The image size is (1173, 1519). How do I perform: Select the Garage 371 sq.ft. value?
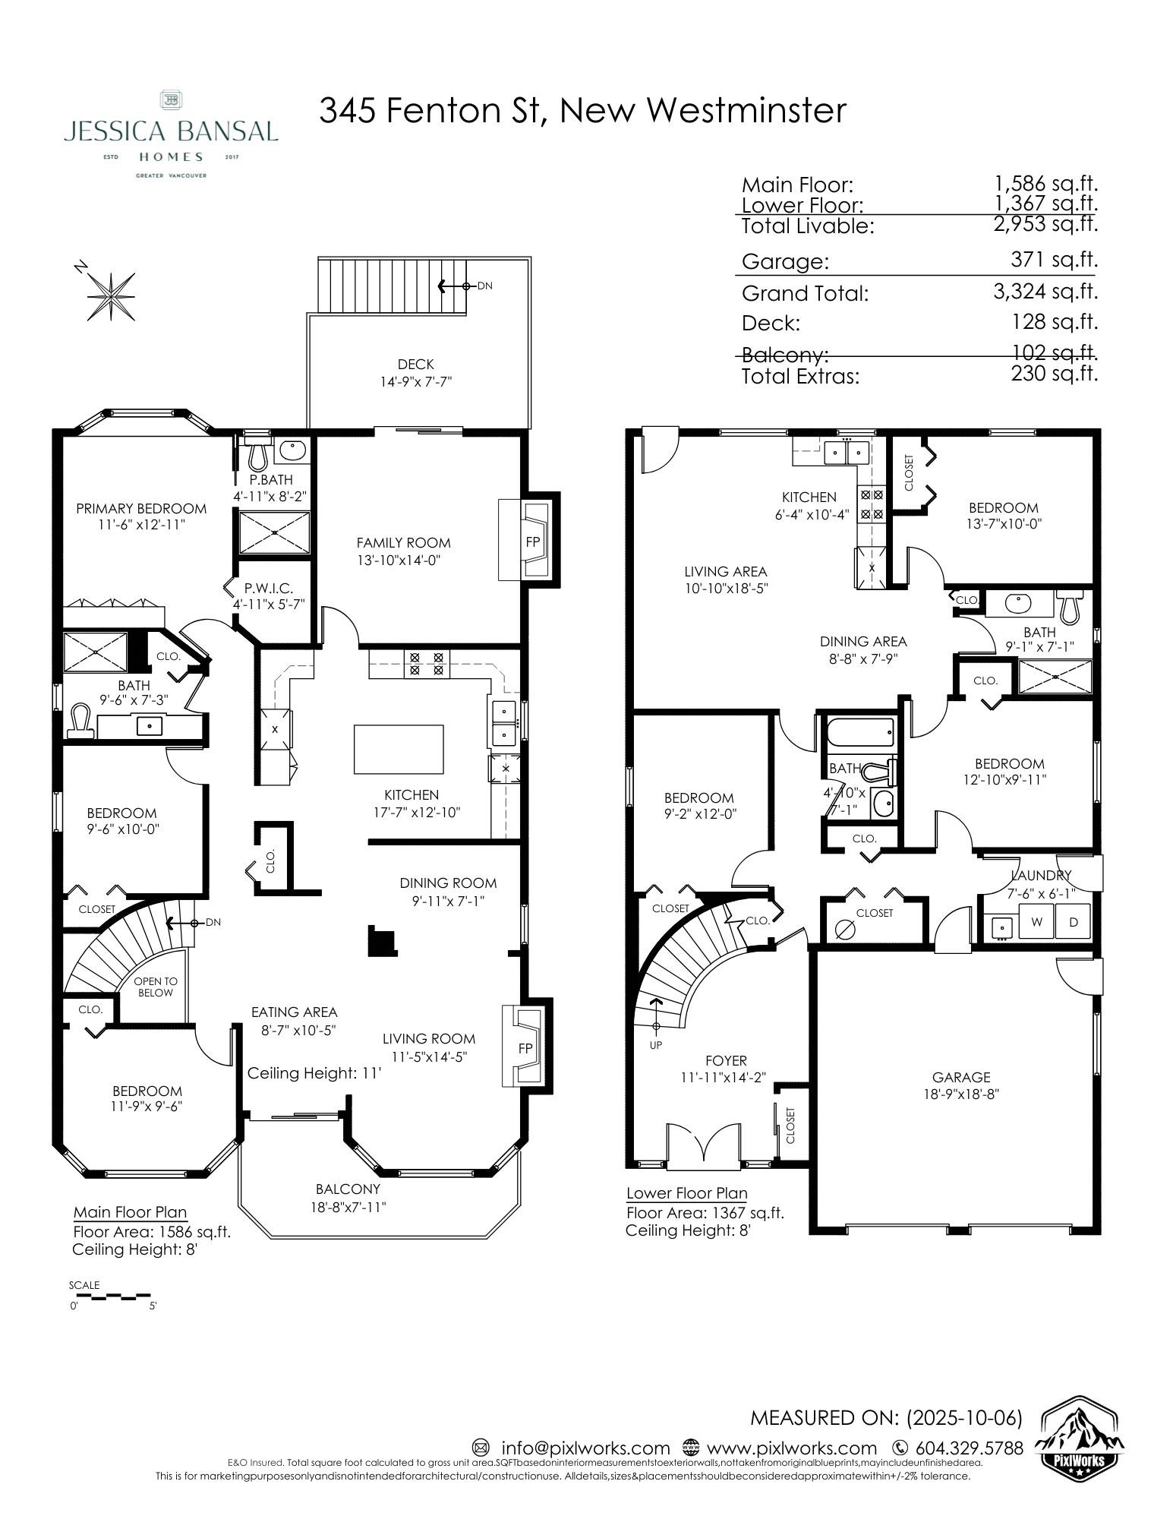(1055, 260)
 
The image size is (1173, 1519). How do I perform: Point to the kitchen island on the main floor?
(399, 749)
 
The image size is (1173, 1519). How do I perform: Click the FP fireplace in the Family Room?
(533, 542)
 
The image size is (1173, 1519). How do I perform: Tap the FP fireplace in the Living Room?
(525, 1047)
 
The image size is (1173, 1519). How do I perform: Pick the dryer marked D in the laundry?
(1073, 922)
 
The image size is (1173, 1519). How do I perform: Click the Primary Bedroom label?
(141, 508)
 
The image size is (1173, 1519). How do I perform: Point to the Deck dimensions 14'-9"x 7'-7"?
(416, 381)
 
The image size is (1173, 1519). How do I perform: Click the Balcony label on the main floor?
(348, 1189)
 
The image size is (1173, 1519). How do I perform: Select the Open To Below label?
(155, 987)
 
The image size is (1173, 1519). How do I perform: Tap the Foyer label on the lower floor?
(726, 1060)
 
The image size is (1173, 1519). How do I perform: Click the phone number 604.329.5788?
(968, 1448)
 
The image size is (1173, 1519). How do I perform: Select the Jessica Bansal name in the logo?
(171, 131)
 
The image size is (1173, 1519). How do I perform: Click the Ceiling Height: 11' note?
(314, 1073)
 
